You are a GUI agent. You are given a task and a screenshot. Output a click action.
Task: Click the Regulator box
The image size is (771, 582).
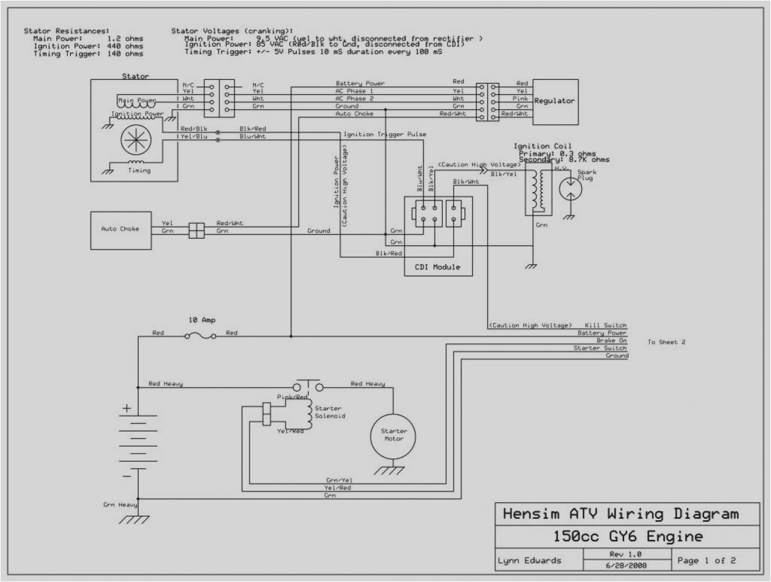click(x=554, y=101)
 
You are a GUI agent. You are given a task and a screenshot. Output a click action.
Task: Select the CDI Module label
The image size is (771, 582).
click(x=437, y=266)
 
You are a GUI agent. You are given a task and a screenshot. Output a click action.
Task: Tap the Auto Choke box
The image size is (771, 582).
click(x=120, y=229)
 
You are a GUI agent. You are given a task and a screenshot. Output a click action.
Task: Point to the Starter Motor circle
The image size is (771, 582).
click(x=394, y=435)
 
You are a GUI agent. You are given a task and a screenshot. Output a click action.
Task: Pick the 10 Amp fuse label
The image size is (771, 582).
click(x=202, y=320)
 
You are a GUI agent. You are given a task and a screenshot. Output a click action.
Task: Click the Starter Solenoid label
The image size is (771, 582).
click(x=330, y=412)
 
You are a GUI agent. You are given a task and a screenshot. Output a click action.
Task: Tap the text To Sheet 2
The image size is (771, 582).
click(x=666, y=342)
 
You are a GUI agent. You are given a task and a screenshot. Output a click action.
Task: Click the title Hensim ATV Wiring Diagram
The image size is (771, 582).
click(x=620, y=514)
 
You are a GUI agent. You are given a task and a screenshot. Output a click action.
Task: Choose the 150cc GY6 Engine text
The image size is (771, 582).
click(x=620, y=536)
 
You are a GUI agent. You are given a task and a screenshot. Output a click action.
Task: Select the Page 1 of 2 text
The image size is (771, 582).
click(x=706, y=560)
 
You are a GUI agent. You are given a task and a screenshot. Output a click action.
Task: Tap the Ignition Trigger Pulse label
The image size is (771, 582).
click(x=385, y=134)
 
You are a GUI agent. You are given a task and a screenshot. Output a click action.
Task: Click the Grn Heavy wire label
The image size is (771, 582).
click(x=120, y=505)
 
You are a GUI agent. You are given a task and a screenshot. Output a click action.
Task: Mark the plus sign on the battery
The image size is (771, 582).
click(x=127, y=408)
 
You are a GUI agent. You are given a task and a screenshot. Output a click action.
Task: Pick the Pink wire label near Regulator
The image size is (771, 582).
click(x=520, y=98)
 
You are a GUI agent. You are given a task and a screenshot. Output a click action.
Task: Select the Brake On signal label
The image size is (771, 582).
click(x=611, y=340)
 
